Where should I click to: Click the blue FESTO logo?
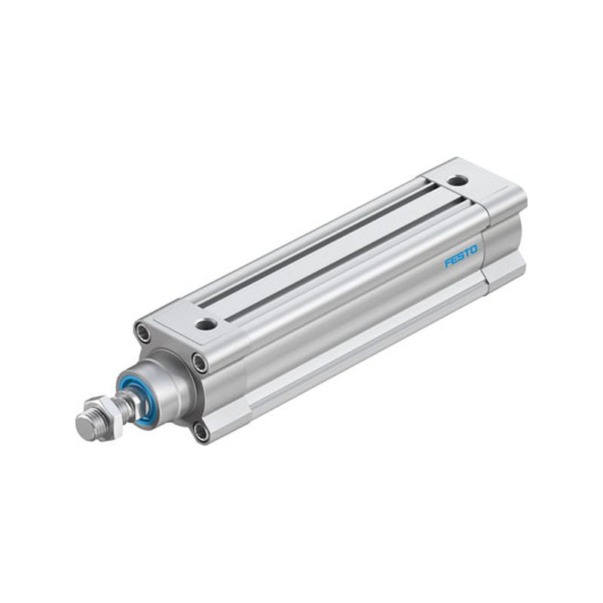point(461,256)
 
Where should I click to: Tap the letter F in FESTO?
point(448,262)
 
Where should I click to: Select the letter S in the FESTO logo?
point(461,256)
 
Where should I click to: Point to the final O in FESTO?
point(474,250)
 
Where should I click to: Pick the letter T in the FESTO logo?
point(467,253)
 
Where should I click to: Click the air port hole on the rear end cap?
point(458,180)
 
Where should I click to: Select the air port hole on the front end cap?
point(207,325)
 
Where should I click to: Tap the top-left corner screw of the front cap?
point(143,332)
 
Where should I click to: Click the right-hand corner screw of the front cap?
point(200,363)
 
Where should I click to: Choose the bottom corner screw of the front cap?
point(200,432)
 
